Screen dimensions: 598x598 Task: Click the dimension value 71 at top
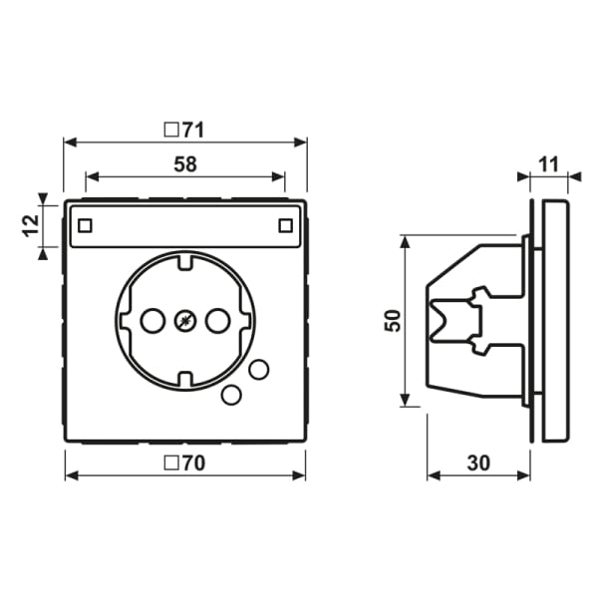(x=193, y=130)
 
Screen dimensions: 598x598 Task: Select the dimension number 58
(x=185, y=164)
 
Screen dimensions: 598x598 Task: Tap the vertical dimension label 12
(x=31, y=226)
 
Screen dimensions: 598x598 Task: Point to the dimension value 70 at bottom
(x=193, y=463)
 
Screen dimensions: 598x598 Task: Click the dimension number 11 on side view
(x=549, y=164)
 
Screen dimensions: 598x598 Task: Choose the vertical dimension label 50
(x=394, y=321)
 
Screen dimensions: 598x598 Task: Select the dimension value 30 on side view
(x=478, y=463)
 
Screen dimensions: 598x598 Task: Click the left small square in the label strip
(x=85, y=226)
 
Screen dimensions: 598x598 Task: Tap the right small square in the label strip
(x=285, y=226)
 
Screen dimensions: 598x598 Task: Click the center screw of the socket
(x=185, y=321)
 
